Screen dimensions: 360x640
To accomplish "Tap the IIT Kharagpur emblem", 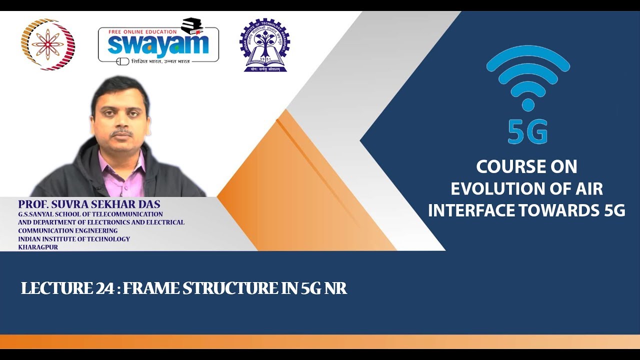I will point(264,45).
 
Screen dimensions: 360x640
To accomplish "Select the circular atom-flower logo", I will point(48,44).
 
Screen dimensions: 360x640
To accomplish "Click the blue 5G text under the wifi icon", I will point(527,131).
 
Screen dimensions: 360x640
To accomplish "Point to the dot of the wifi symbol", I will point(527,104).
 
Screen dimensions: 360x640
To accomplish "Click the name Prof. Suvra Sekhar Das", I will point(89,204).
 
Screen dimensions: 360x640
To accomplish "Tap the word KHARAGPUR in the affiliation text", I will point(38,247).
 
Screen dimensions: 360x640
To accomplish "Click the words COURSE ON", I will point(526,166).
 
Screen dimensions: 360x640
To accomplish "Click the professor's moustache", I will point(121,133).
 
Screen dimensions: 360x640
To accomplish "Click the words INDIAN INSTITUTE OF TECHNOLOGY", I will point(74,239).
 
